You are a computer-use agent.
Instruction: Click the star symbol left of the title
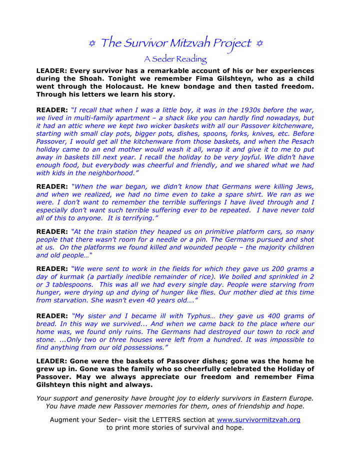(x=92, y=44)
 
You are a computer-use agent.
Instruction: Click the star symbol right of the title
(x=259, y=44)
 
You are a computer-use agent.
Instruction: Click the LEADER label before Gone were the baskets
(x=51, y=360)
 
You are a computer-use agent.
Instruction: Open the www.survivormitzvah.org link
(x=258, y=420)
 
